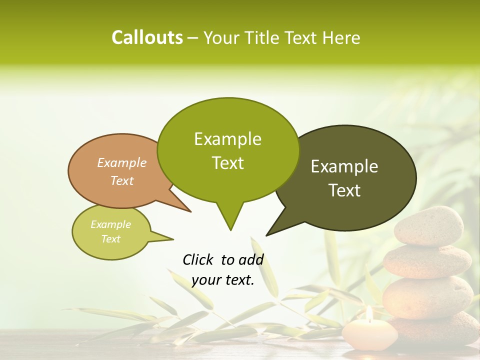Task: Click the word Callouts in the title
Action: pyautogui.click(x=147, y=37)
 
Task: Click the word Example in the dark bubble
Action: pyautogui.click(x=344, y=166)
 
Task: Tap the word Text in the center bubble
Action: pyautogui.click(x=228, y=163)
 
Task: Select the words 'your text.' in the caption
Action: pyautogui.click(x=223, y=280)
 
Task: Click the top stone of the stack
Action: pyautogui.click(x=429, y=226)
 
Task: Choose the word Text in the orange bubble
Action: pyautogui.click(x=122, y=180)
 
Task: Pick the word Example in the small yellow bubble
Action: pyautogui.click(x=111, y=224)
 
